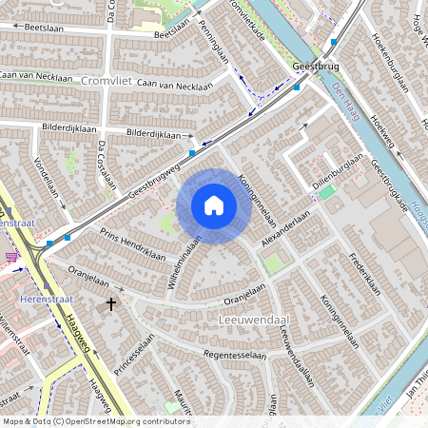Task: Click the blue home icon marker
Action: click(x=214, y=205)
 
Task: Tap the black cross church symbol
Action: click(x=111, y=304)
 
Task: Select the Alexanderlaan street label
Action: click(x=286, y=229)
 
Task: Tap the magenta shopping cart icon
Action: click(x=11, y=257)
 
